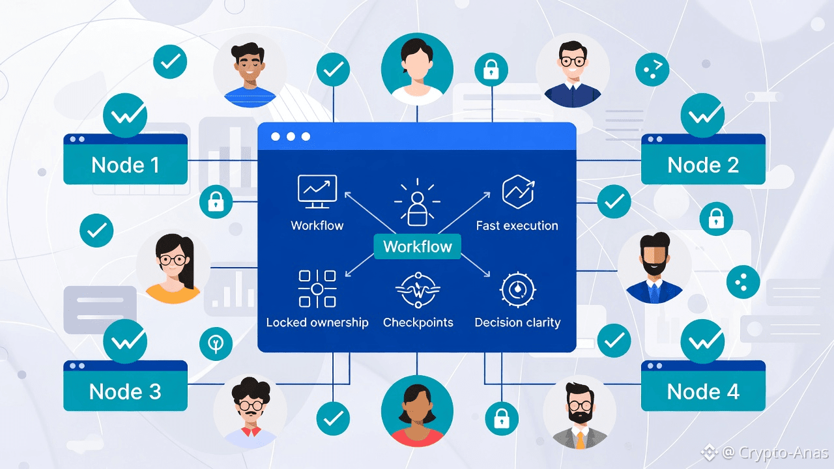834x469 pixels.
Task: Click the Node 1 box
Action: coord(125,164)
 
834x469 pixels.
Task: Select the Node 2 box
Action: coord(703,164)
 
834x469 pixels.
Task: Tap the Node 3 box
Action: coord(125,391)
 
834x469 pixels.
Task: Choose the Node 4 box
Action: coord(703,391)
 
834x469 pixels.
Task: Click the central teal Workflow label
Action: coord(417,246)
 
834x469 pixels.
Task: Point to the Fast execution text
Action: coord(517,225)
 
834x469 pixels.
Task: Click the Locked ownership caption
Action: coord(317,322)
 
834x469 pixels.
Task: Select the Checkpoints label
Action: coord(418,322)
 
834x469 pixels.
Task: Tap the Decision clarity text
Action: coord(517,322)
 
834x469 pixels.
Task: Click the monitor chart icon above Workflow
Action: coord(317,192)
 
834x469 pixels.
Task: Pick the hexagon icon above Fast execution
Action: coord(518,192)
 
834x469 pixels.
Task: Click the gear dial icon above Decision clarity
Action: coord(517,290)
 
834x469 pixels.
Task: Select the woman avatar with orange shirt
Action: coord(173,268)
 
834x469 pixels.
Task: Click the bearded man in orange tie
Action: coord(579,411)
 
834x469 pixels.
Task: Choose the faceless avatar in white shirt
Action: coord(417,69)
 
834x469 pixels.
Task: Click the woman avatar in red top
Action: coord(417,411)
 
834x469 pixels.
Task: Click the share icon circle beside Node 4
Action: coord(743,281)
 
